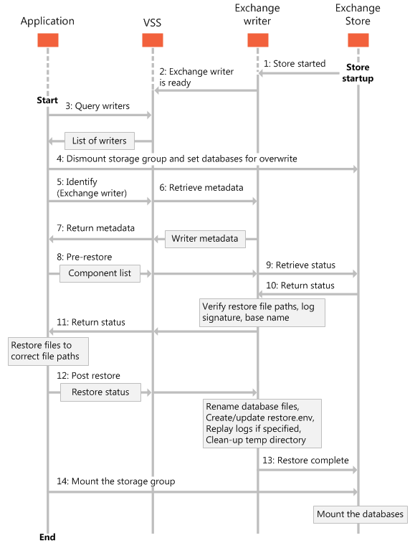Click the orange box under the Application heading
(x=47, y=40)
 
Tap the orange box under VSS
(x=153, y=40)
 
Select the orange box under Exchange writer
(x=257, y=40)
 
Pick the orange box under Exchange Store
(x=358, y=40)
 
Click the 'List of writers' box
(x=99, y=141)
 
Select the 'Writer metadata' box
(x=205, y=238)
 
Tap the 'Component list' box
(x=99, y=273)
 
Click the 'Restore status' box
(x=100, y=392)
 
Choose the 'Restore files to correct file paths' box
(x=49, y=351)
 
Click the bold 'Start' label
(x=47, y=100)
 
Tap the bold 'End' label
(x=47, y=537)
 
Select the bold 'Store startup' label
(x=358, y=72)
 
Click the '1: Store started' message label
(x=294, y=64)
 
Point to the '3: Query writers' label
(x=98, y=106)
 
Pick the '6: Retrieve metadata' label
(x=201, y=187)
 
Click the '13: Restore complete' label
(x=306, y=461)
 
